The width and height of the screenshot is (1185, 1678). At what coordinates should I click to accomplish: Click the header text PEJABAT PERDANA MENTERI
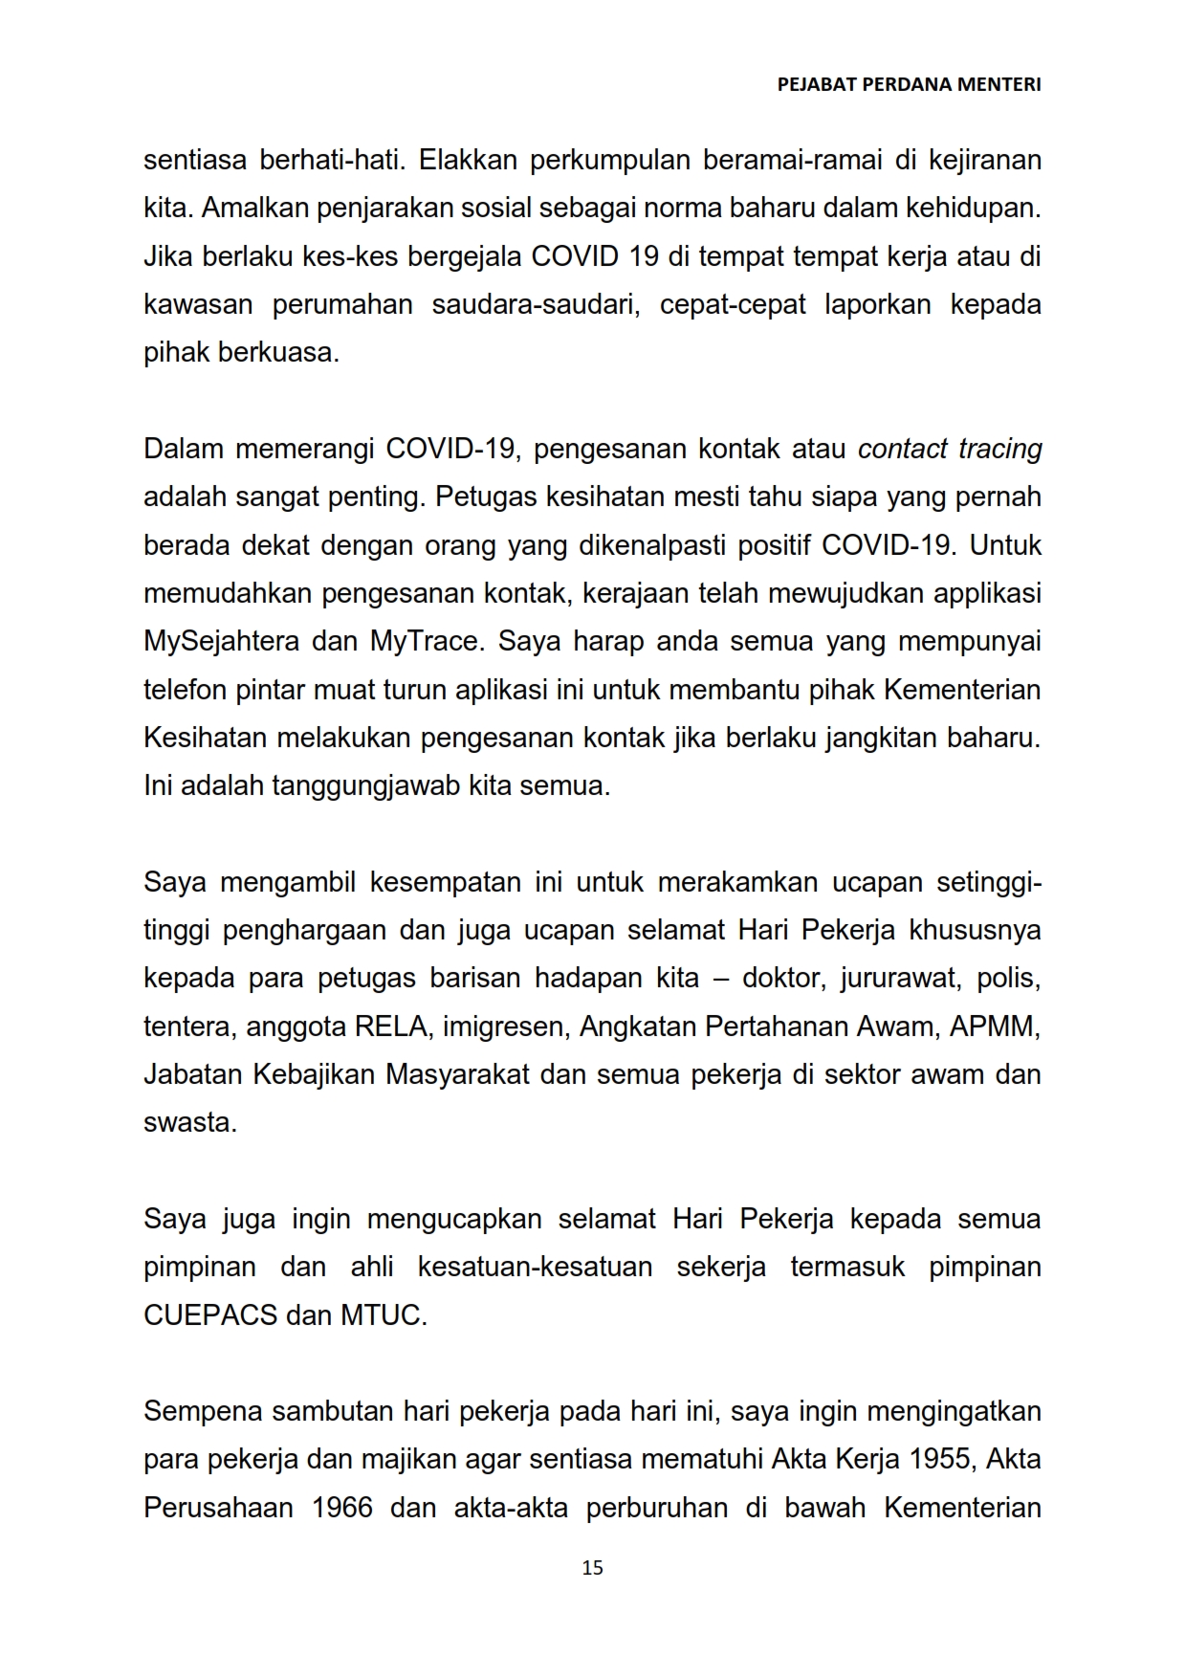click(909, 84)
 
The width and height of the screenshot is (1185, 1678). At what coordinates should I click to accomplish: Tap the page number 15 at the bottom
click(592, 1567)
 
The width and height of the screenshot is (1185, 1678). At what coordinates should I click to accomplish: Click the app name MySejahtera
click(221, 641)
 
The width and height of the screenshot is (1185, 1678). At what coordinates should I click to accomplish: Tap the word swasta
click(189, 1122)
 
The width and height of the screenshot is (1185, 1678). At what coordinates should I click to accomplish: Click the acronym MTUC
click(384, 1315)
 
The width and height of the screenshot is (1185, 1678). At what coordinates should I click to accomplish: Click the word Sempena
click(203, 1411)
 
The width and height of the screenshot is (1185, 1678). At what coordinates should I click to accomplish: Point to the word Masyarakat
click(457, 1074)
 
